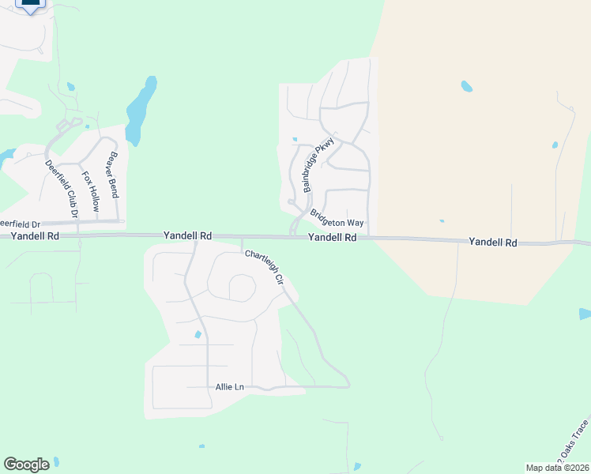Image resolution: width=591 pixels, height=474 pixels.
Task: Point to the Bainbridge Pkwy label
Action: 319,165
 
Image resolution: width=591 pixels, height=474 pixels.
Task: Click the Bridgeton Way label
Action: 337,218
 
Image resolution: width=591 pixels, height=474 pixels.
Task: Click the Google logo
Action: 26,465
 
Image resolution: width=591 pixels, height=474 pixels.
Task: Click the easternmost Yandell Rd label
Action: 492,243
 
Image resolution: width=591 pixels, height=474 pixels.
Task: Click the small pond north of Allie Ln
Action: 198,334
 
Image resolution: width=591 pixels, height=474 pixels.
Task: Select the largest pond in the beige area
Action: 466,86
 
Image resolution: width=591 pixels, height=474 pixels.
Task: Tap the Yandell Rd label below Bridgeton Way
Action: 332,237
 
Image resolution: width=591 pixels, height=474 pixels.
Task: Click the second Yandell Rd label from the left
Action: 187,235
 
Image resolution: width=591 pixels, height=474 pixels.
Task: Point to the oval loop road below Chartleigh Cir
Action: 243,288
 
